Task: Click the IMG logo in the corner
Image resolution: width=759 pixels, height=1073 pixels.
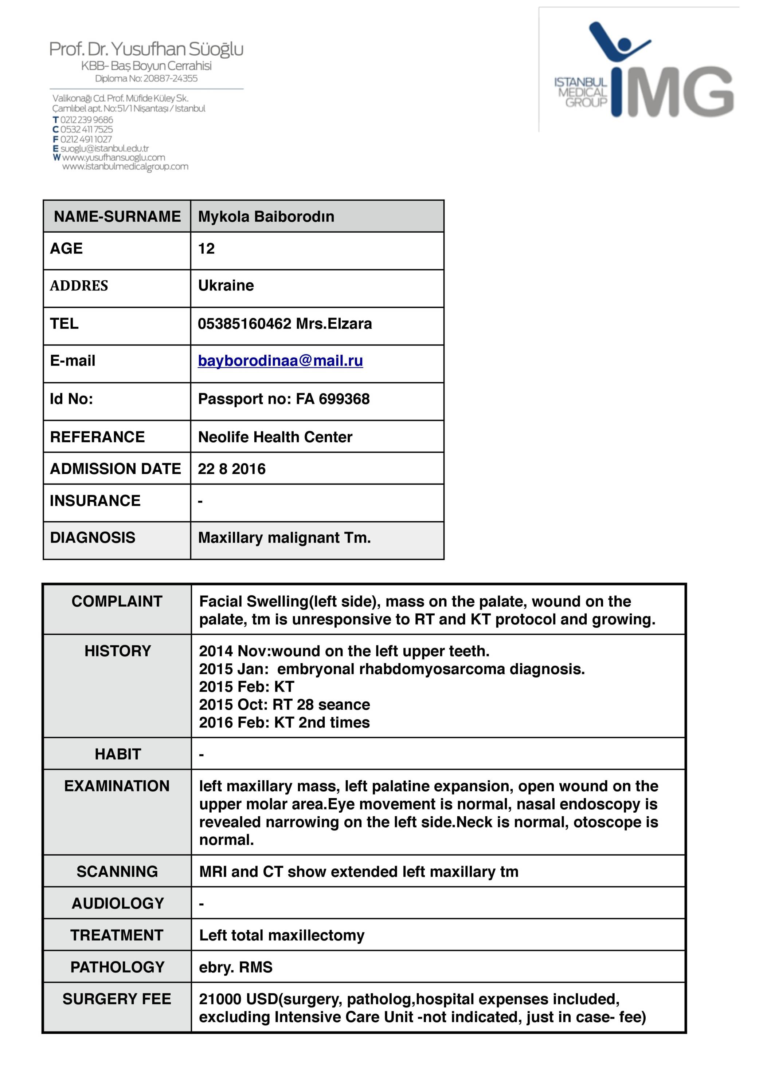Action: tap(643, 70)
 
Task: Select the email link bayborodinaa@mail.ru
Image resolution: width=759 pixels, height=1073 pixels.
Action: tap(280, 361)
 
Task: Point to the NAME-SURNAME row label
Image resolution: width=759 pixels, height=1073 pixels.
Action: tap(117, 216)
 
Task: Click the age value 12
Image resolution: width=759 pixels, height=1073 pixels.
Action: tap(206, 249)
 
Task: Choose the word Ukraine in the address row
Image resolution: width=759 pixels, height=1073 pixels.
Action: tap(226, 285)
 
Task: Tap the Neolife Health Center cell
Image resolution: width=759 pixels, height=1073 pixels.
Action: tap(275, 437)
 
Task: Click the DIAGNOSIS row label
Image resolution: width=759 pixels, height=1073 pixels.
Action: tap(93, 537)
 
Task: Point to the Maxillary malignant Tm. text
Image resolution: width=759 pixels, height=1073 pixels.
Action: tap(284, 538)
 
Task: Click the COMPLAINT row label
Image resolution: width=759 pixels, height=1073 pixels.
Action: tap(117, 601)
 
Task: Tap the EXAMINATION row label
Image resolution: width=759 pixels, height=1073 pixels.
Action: tap(117, 786)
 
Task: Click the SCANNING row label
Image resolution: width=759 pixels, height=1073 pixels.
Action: tap(117, 872)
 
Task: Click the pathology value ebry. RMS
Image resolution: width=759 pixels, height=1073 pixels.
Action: tap(236, 967)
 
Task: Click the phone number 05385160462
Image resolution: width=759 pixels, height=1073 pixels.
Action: tap(244, 324)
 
